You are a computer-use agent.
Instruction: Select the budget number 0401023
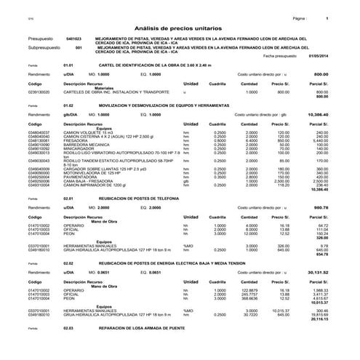[x=73, y=39]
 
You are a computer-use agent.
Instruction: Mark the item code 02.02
[x=68, y=263]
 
